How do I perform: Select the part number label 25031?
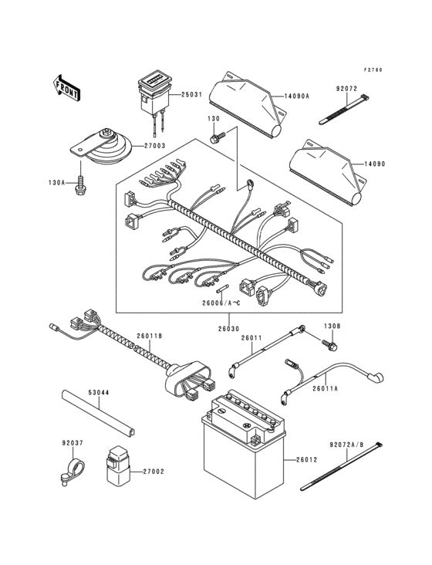[193, 96]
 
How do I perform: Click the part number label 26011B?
[151, 335]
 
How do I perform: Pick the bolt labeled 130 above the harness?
[217, 138]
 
